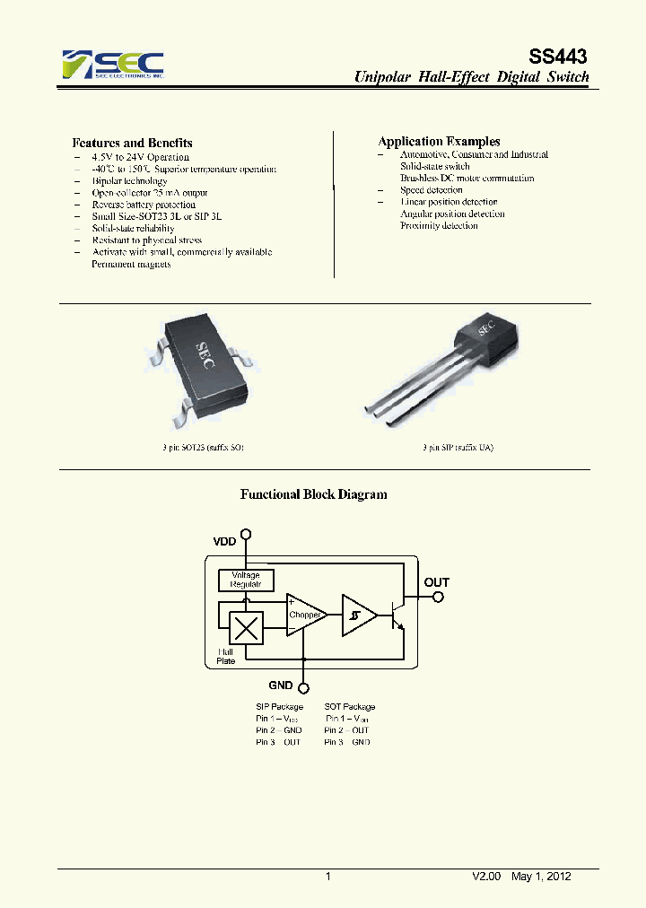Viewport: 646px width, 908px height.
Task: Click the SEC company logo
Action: [x=113, y=65]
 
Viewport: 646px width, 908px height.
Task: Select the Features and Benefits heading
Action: [x=132, y=143]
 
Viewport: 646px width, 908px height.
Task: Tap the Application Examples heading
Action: [x=439, y=142]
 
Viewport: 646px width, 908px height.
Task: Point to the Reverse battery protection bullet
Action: [x=144, y=205]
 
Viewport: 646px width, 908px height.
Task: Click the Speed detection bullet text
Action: [x=432, y=190]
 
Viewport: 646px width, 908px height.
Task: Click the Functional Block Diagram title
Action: [x=314, y=494]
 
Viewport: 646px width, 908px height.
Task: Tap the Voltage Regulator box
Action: [x=246, y=580]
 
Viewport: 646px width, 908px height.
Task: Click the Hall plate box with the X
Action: [x=246, y=626]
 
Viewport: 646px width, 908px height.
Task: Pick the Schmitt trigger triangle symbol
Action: [x=357, y=616]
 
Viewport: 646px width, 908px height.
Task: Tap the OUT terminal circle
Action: [x=436, y=597]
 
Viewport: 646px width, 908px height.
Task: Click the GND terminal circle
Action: [x=305, y=687]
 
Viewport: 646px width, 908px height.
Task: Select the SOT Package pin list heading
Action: [x=350, y=707]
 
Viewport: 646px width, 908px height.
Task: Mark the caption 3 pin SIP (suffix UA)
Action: [x=458, y=447]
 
